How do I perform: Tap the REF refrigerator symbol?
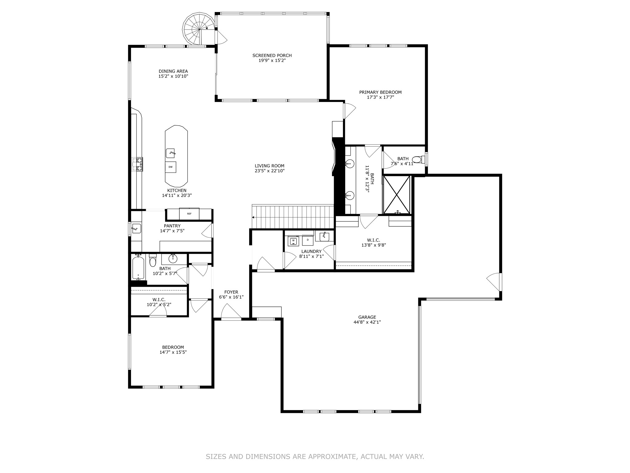click(189, 213)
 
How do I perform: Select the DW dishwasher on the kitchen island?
click(171, 167)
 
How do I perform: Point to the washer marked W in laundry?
click(293, 240)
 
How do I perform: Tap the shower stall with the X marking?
click(397, 195)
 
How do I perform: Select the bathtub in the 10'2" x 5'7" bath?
click(138, 267)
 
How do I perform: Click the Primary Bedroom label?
click(380, 92)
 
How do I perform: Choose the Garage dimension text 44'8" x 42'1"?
click(367, 322)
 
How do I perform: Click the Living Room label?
click(269, 166)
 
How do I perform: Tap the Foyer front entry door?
click(231, 312)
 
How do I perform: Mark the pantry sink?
click(136, 228)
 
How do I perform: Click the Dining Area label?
click(173, 71)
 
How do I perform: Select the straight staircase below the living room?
click(293, 217)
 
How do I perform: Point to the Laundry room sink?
click(324, 236)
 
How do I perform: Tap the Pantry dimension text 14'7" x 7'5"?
click(172, 231)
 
